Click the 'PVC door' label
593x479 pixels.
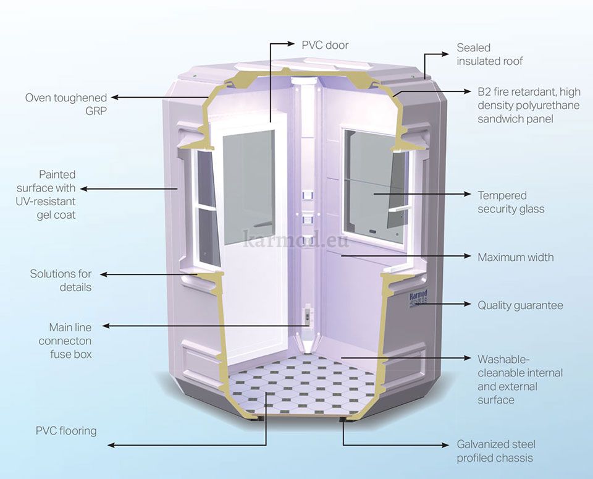[x=325, y=45]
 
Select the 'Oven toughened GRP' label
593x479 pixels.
[x=66, y=104]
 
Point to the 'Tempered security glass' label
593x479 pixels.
[x=511, y=202]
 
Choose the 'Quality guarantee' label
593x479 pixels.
[x=520, y=305]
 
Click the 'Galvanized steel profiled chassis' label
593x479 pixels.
[x=496, y=451]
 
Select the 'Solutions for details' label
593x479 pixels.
[x=61, y=280]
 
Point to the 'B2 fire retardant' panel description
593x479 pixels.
[x=529, y=105]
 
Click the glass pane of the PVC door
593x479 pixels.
[x=248, y=185]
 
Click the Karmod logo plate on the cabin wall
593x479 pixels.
[x=418, y=300]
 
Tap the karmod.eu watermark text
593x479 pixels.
[x=296, y=238]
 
